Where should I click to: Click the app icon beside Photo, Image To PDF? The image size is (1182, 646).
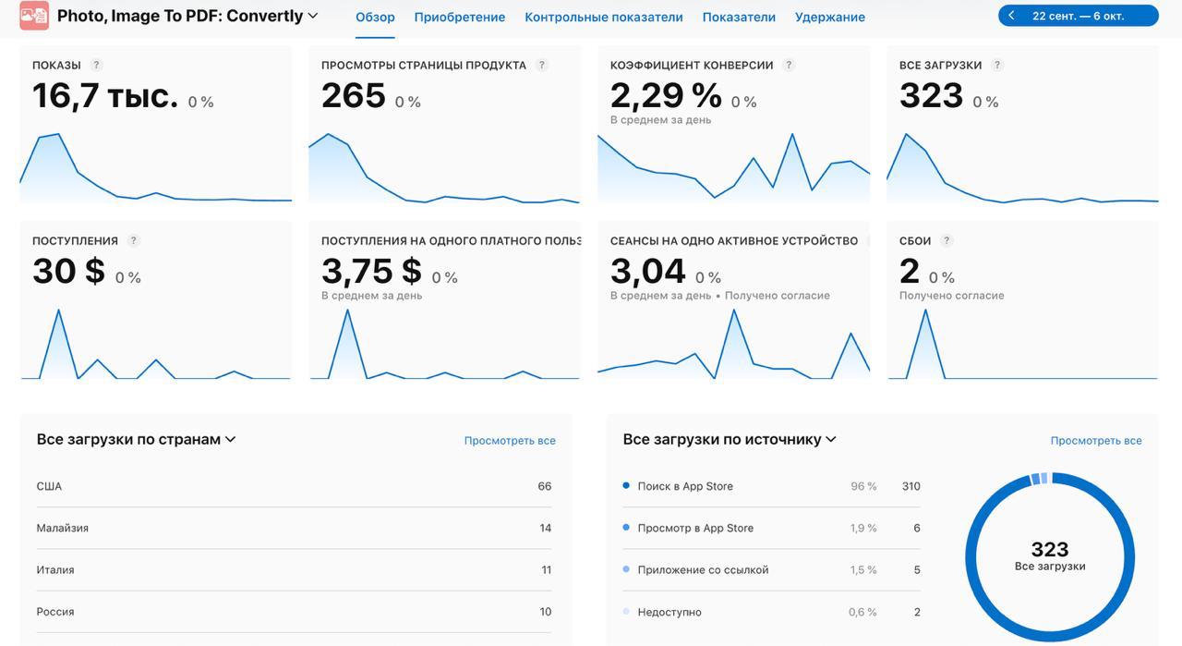click(x=34, y=16)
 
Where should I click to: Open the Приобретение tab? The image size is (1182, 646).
click(x=459, y=17)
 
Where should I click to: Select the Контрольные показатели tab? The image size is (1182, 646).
click(x=603, y=17)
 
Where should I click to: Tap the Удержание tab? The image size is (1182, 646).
click(x=829, y=17)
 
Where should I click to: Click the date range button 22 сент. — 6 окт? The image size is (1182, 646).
click(x=1078, y=16)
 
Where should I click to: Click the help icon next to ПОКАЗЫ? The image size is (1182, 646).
click(x=97, y=66)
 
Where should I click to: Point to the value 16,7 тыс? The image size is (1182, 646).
click(x=105, y=95)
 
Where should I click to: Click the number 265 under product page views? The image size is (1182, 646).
click(x=353, y=95)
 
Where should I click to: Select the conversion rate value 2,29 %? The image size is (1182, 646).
click(x=666, y=95)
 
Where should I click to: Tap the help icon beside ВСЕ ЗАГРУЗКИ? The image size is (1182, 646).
click(x=997, y=66)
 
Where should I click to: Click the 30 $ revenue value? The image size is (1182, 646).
click(x=68, y=271)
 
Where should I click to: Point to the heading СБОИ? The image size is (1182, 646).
click(x=915, y=241)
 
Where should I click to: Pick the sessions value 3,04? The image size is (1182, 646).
click(x=647, y=271)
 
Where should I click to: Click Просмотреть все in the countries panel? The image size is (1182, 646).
click(x=510, y=441)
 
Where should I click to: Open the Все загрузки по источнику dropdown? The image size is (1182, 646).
click(x=730, y=440)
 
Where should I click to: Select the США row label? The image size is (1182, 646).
click(x=49, y=486)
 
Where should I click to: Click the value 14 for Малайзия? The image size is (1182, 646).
click(x=545, y=529)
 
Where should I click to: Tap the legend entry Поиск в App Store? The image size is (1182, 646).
click(x=684, y=486)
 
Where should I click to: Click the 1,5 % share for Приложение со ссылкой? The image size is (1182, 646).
click(x=862, y=570)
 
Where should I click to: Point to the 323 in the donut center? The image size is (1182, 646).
click(x=1049, y=550)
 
